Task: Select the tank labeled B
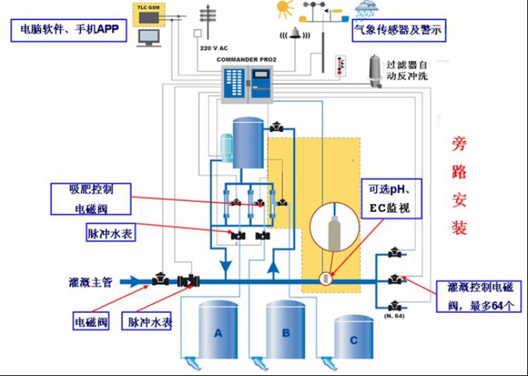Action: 286,333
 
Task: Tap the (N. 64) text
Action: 393,315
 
